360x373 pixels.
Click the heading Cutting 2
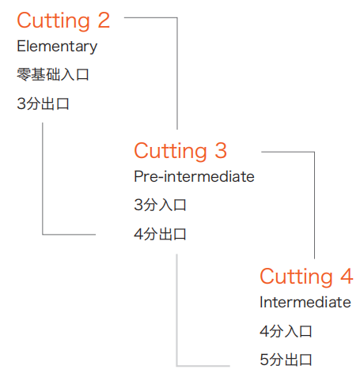pyautogui.click(x=63, y=21)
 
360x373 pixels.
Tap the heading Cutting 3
pyautogui.click(x=180, y=151)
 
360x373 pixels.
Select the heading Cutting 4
pyautogui.click(x=306, y=277)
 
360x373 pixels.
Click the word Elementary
pyautogui.click(x=57, y=47)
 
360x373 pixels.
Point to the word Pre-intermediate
pyautogui.click(x=194, y=176)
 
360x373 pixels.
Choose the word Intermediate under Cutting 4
pyautogui.click(x=305, y=302)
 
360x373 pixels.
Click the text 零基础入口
pyautogui.click(x=53, y=74)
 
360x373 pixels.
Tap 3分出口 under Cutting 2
pyautogui.click(x=43, y=104)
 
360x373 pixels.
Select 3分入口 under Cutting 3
pyautogui.click(x=160, y=205)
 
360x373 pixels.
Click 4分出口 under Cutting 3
pyautogui.click(x=160, y=234)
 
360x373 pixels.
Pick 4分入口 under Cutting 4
pyautogui.click(x=286, y=331)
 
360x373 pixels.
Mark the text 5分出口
pyautogui.click(x=286, y=360)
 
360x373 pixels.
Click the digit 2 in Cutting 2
pyautogui.click(x=104, y=21)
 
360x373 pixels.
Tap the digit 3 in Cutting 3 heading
pyautogui.click(x=221, y=150)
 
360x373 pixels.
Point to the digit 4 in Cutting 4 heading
pyautogui.click(x=347, y=276)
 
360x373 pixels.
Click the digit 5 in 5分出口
pyautogui.click(x=264, y=360)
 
